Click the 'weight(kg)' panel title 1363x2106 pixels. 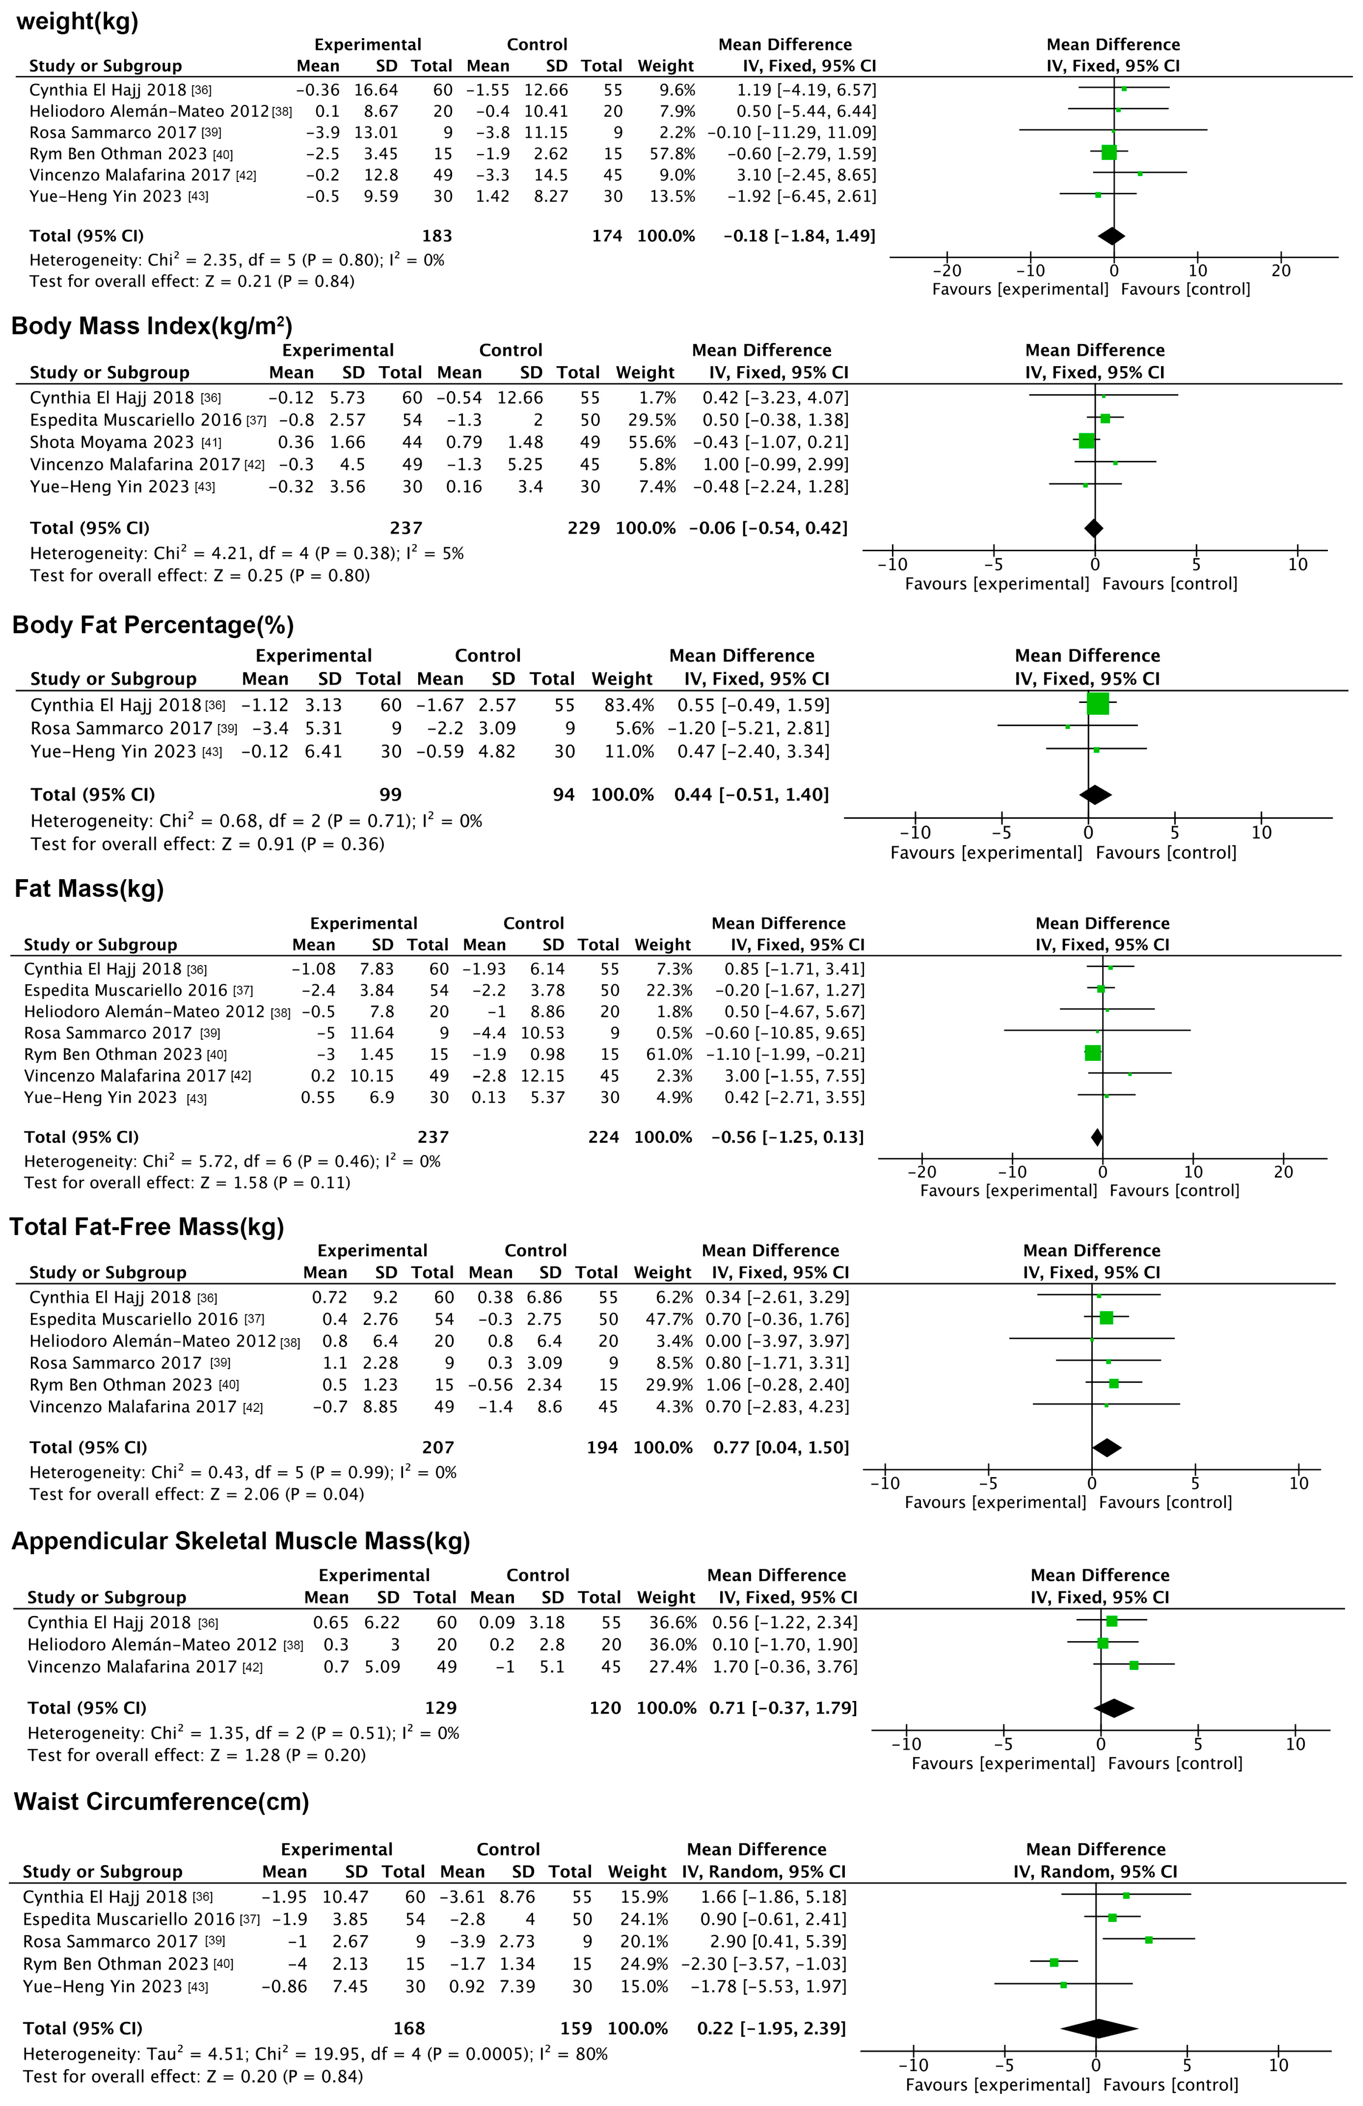pyautogui.click(x=78, y=21)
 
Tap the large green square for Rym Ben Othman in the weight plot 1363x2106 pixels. pyautogui.click(x=1109, y=152)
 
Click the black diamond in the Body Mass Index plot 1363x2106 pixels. pyautogui.click(x=1094, y=528)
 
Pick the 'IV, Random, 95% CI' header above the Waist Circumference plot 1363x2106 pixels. pyautogui.click(x=1095, y=1872)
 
